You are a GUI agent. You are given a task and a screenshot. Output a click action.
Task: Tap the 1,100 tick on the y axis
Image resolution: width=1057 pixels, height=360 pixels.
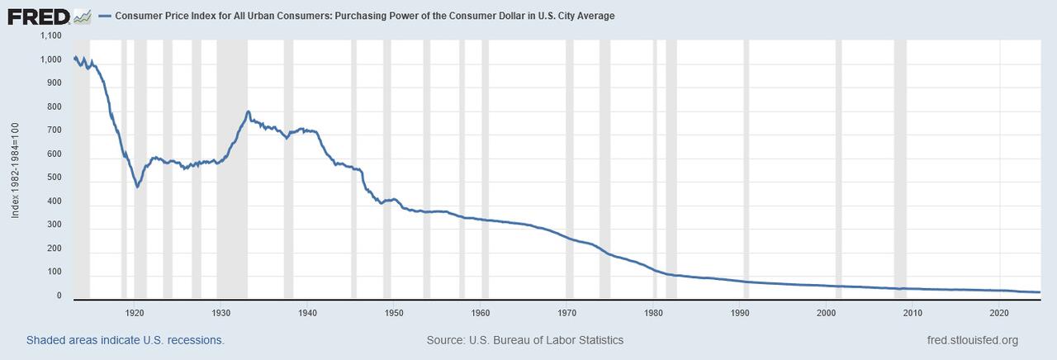pyautogui.click(x=50, y=36)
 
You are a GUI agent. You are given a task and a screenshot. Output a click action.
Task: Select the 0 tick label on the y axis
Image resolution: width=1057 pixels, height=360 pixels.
pyautogui.click(x=59, y=295)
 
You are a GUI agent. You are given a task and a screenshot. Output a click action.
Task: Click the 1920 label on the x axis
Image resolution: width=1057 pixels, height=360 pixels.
pyautogui.click(x=135, y=313)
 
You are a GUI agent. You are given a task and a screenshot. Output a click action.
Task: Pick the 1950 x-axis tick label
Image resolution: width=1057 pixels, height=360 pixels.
pyautogui.click(x=394, y=313)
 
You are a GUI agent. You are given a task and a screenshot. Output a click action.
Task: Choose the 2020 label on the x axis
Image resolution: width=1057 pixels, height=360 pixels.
pyautogui.click(x=1000, y=313)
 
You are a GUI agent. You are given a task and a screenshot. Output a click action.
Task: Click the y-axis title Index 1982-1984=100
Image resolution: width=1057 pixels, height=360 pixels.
pyautogui.click(x=16, y=168)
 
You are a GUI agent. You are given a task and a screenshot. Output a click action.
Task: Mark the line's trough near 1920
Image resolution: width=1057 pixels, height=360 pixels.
pyautogui.click(x=137, y=187)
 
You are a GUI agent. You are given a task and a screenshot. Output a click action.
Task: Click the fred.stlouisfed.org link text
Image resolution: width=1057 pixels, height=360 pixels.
pyautogui.click(x=973, y=340)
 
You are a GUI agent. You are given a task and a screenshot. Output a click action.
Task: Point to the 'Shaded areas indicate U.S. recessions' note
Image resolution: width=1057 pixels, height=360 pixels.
pyautogui.click(x=125, y=340)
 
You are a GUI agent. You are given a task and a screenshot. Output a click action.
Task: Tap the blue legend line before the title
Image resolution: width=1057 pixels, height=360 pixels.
pyautogui.click(x=104, y=16)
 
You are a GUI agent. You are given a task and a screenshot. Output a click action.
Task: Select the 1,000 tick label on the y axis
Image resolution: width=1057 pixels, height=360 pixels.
pyautogui.click(x=50, y=60)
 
